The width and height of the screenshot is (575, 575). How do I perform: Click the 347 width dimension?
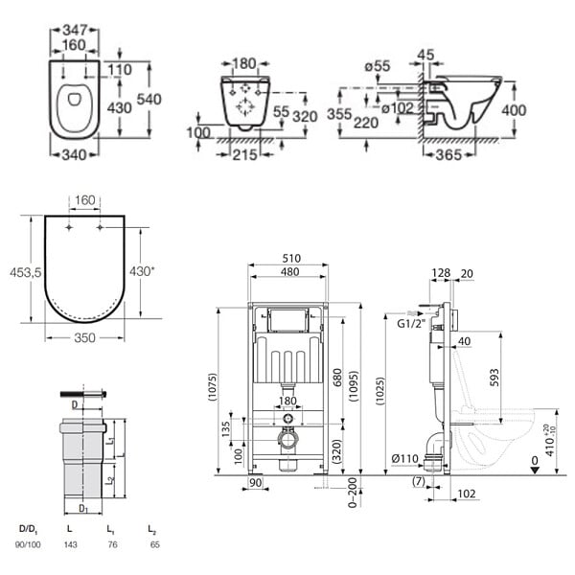(x=75, y=30)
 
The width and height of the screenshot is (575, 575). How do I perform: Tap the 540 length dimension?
(x=149, y=99)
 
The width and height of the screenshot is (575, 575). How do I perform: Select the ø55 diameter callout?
(x=378, y=66)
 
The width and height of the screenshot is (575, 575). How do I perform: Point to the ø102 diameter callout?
(x=398, y=108)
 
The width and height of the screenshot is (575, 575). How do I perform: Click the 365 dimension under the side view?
(x=448, y=155)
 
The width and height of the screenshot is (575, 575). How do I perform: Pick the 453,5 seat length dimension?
(x=26, y=272)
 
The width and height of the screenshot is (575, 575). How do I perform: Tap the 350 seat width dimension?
(x=84, y=337)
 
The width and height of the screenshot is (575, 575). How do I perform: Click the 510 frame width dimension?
(x=291, y=258)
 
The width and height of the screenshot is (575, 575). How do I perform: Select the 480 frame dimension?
(x=289, y=272)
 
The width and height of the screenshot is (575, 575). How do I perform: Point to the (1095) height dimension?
(x=354, y=386)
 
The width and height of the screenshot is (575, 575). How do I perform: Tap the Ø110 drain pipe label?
(x=404, y=458)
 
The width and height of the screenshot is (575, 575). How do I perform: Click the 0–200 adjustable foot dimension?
(x=353, y=493)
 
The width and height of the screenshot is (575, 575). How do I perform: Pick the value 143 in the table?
(x=70, y=545)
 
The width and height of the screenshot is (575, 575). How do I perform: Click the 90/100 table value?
(x=28, y=545)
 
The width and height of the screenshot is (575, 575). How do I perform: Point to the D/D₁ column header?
(x=28, y=529)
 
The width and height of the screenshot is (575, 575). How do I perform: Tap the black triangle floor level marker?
(x=535, y=471)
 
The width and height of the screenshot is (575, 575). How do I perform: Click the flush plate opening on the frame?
(x=287, y=319)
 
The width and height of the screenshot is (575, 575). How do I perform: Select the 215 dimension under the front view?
(x=244, y=155)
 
